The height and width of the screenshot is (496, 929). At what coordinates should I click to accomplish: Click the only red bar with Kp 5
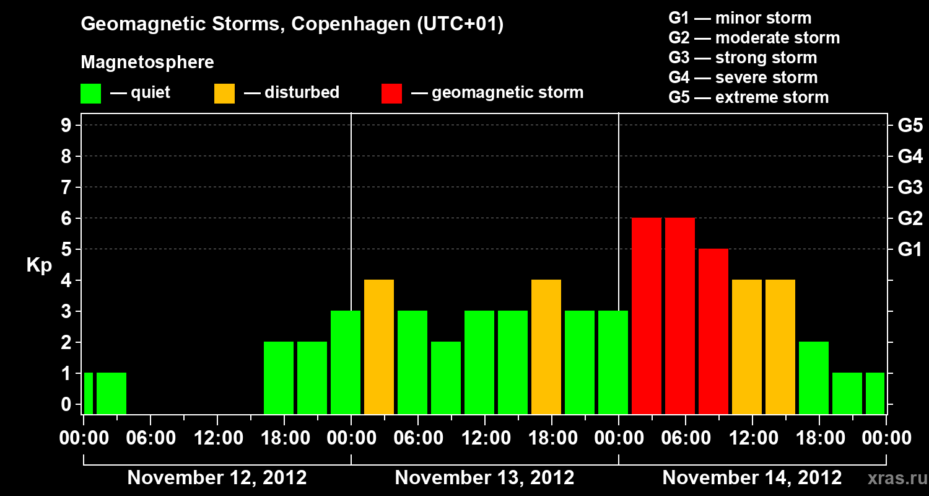click(x=713, y=331)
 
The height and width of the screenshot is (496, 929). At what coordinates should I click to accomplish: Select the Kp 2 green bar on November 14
click(x=814, y=378)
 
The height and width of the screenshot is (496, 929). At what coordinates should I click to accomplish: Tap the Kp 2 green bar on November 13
click(x=446, y=378)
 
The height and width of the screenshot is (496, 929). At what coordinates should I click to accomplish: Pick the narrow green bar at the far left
click(x=89, y=393)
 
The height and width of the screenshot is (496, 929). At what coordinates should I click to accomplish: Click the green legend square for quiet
click(x=91, y=93)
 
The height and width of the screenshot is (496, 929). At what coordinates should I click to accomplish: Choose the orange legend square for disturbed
click(x=225, y=93)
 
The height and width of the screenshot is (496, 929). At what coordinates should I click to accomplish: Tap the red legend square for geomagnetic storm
click(x=392, y=93)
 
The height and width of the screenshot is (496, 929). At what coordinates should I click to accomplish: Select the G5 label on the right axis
click(x=910, y=126)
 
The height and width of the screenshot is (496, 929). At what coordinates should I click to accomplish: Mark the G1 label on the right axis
click(x=910, y=250)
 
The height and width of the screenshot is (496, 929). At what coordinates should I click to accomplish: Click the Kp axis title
click(x=39, y=266)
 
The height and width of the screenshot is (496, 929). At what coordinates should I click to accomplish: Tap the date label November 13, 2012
click(x=484, y=478)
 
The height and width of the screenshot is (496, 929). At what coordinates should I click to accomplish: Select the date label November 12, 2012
click(x=217, y=478)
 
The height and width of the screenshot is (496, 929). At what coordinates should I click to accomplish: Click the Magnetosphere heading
click(x=147, y=63)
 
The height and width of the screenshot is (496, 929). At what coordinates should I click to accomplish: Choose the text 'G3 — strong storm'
click(x=743, y=58)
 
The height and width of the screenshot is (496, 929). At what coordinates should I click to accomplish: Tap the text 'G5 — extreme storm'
click(x=748, y=97)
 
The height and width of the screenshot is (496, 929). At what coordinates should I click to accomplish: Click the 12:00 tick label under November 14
click(x=752, y=438)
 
